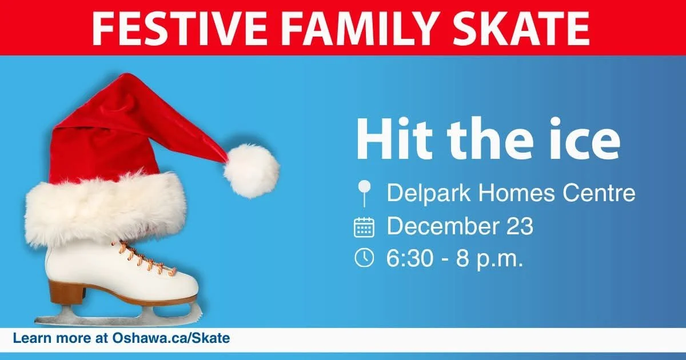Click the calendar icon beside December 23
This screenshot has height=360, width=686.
tap(364, 227)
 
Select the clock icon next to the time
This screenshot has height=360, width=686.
tap(364, 258)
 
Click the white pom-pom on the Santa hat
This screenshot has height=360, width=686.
tap(251, 170)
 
